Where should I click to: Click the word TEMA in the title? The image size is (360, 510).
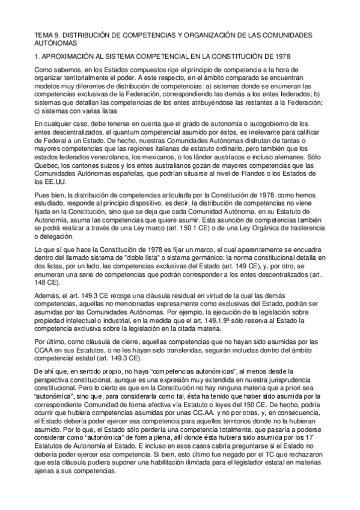click(x=43, y=35)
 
